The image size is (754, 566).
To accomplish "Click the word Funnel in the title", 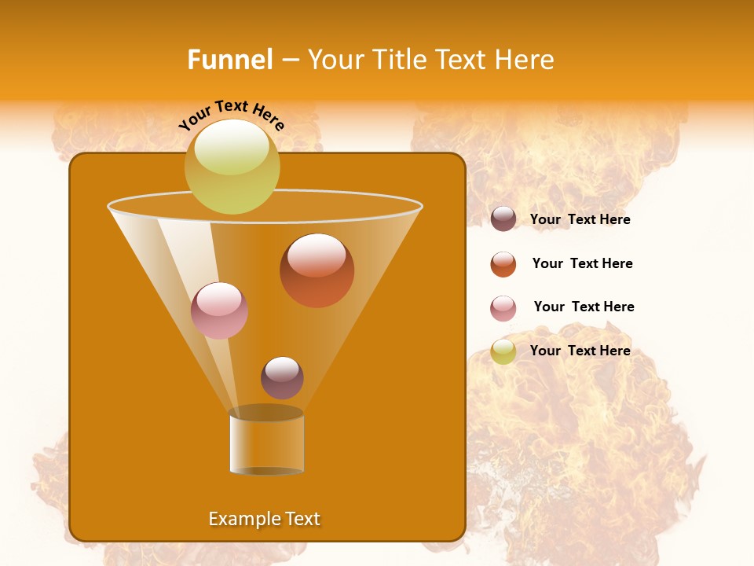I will (x=229, y=60).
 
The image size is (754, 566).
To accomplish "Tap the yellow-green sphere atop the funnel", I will (x=232, y=166).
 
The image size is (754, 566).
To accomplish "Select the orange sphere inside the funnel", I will (x=317, y=270).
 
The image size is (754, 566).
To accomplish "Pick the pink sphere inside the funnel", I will (x=219, y=311).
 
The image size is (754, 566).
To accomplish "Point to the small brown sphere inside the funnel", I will (x=282, y=377).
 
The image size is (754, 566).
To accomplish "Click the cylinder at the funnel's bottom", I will (x=266, y=443).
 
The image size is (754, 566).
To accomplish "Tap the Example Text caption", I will (x=265, y=519).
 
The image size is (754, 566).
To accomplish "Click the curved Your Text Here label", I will (x=231, y=114).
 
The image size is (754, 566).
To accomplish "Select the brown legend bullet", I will (x=503, y=219).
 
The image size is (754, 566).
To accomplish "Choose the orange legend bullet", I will (x=503, y=264).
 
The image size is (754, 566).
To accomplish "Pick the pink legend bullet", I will (x=503, y=308).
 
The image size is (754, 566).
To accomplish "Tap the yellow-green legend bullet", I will (x=503, y=351).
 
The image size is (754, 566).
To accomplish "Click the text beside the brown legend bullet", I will (x=580, y=220).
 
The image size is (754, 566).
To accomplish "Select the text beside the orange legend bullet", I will (x=582, y=264).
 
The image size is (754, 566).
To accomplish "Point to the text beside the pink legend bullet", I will (x=584, y=307).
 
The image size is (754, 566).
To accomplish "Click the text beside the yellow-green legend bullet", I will (x=580, y=351).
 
